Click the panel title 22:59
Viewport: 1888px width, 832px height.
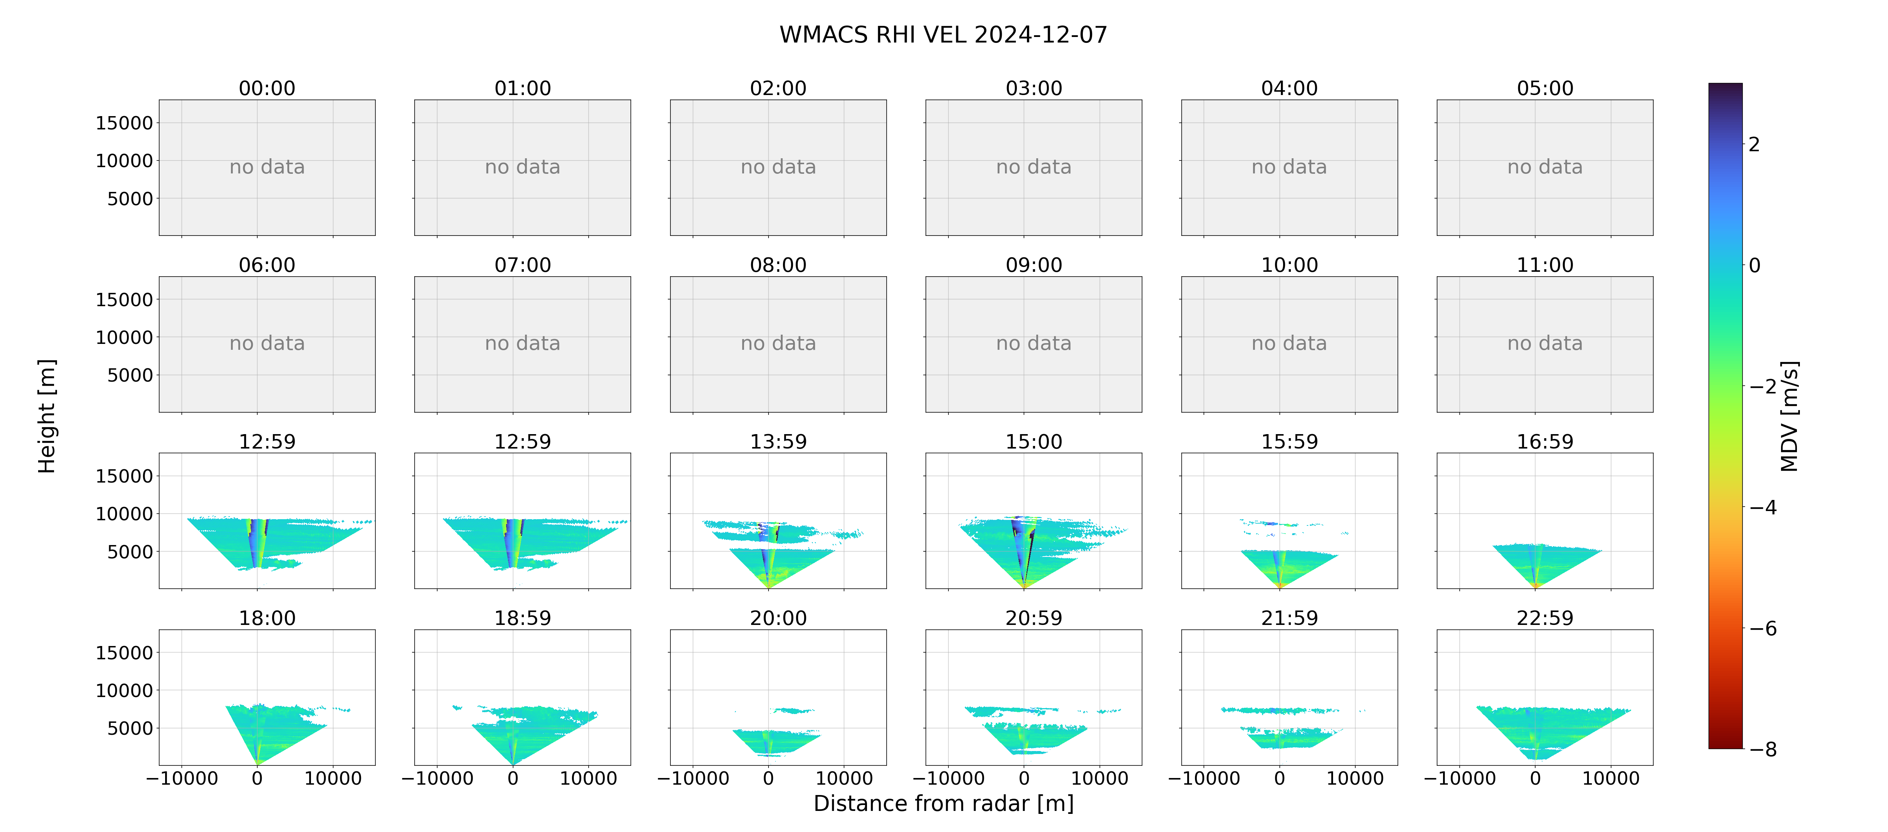click(1545, 618)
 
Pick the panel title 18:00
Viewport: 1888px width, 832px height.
click(267, 618)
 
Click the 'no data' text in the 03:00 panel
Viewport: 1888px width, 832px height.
click(1034, 167)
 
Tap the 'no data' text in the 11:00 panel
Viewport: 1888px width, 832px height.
click(1545, 344)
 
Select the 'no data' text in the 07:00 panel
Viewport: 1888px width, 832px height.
click(523, 344)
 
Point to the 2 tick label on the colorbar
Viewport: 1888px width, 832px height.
click(1754, 144)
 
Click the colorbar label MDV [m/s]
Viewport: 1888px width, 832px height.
click(1789, 416)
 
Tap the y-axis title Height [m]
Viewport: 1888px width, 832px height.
click(46, 416)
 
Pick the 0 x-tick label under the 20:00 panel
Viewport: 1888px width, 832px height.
click(768, 778)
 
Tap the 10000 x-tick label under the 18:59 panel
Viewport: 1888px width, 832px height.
click(589, 778)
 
